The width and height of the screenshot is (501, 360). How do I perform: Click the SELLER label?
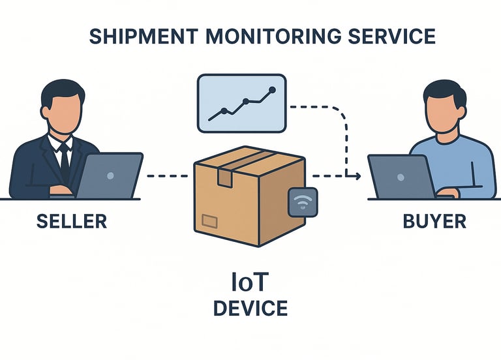(71, 221)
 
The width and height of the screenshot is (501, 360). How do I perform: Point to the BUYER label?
(434, 221)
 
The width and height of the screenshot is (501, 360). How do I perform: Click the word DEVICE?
(250, 308)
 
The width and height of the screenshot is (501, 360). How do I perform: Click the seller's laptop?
(109, 175)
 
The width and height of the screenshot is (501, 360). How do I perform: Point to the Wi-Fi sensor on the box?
(302, 202)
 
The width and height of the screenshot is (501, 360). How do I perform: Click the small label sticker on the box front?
(210, 220)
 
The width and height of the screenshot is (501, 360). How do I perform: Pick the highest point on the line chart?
(273, 89)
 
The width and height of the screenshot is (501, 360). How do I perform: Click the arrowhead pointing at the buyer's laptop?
(356, 176)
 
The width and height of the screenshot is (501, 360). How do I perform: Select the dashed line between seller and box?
(168, 175)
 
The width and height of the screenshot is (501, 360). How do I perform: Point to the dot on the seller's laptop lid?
(110, 175)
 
